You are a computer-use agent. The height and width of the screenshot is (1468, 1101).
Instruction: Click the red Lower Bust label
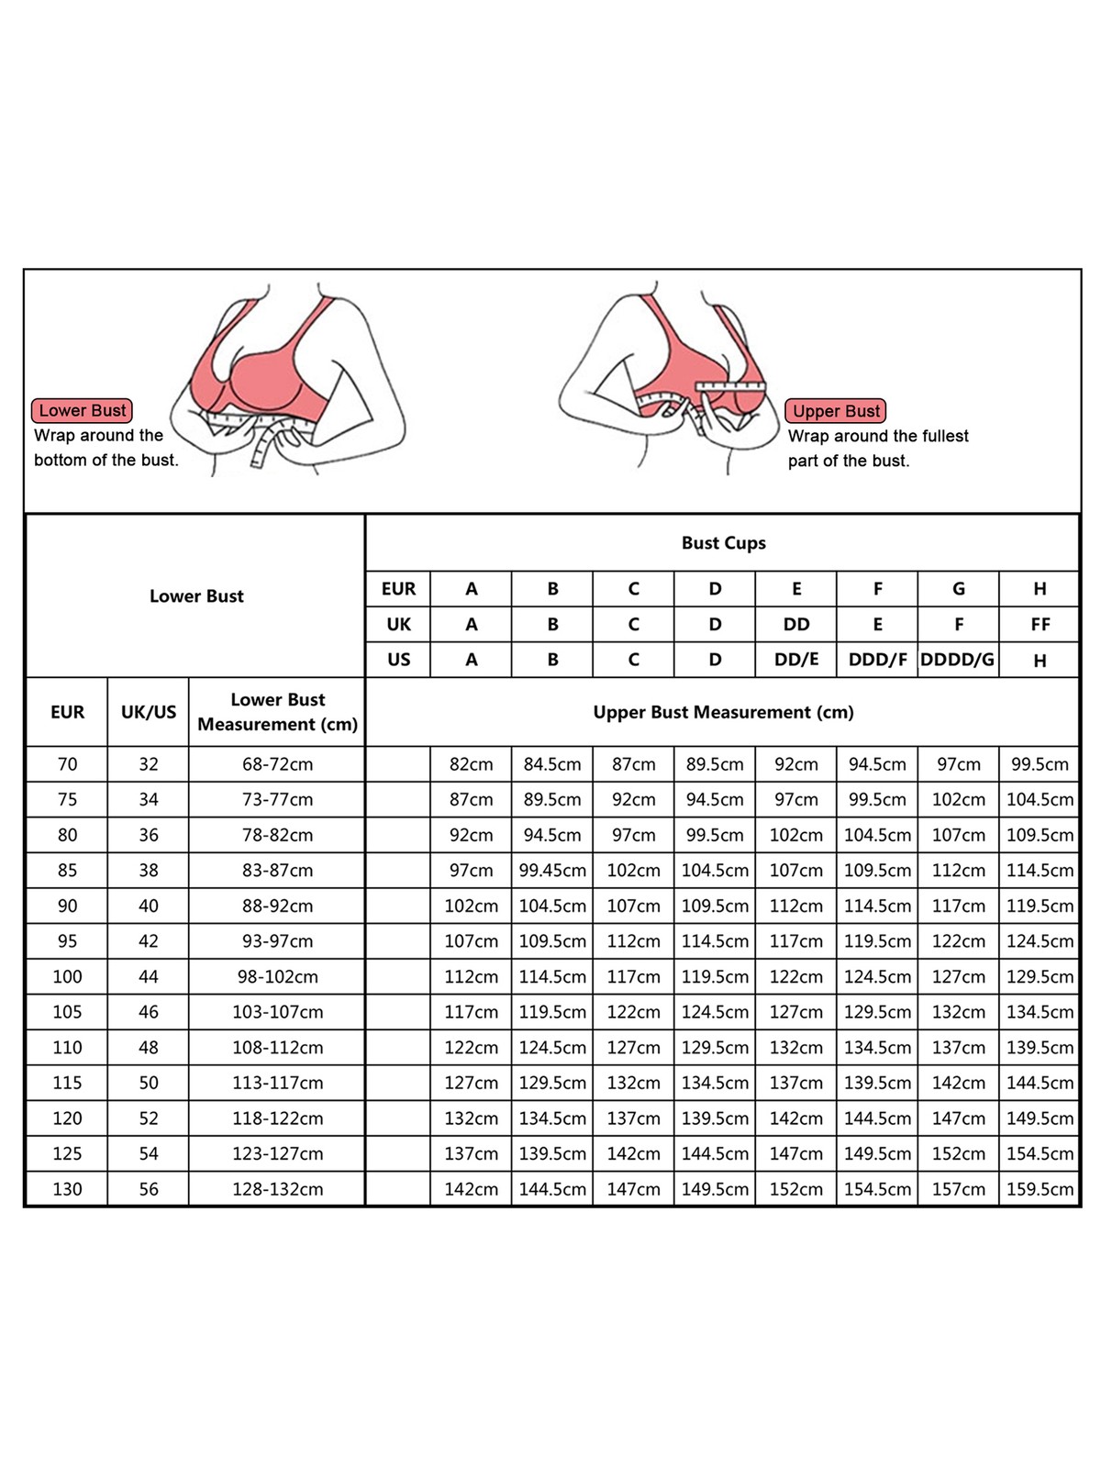(x=83, y=410)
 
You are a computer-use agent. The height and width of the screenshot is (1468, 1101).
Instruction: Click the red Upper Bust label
(x=836, y=411)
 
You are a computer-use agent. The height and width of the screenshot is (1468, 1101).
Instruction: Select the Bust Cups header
(x=723, y=543)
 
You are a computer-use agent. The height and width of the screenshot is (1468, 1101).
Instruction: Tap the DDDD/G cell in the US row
(x=958, y=660)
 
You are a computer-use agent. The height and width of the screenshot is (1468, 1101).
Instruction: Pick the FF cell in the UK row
(x=1040, y=625)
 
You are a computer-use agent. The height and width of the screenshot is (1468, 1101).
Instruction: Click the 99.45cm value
(x=552, y=871)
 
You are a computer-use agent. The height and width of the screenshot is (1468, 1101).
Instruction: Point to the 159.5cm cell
(x=1040, y=1189)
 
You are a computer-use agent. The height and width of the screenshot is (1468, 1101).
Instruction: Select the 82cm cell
(x=471, y=764)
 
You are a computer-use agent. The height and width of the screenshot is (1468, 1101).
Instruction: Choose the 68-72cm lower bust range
(x=277, y=764)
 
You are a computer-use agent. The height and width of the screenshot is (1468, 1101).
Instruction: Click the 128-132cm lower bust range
(x=277, y=1189)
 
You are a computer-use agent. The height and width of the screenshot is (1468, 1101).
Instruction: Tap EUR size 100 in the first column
(x=67, y=977)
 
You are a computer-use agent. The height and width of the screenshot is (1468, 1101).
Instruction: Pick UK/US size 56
(x=149, y=1189)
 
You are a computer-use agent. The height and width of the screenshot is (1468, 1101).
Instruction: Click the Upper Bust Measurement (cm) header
(x=723, y=712)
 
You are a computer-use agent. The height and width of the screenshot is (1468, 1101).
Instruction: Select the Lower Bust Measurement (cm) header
(x=277, y=712)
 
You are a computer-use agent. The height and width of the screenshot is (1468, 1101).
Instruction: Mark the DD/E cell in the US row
(x=795, y=660)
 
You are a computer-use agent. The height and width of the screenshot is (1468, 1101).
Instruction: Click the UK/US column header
(x=149, y=712)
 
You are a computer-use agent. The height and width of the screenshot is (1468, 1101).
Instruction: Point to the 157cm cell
(x=958, y=1189)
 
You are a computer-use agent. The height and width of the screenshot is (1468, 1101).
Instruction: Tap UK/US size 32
(x=149, y=764)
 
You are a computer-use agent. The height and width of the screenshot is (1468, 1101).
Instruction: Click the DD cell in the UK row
(x=795, y=625)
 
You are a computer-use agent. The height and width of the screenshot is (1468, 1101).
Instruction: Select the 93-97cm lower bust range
(x=277, y=941)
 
